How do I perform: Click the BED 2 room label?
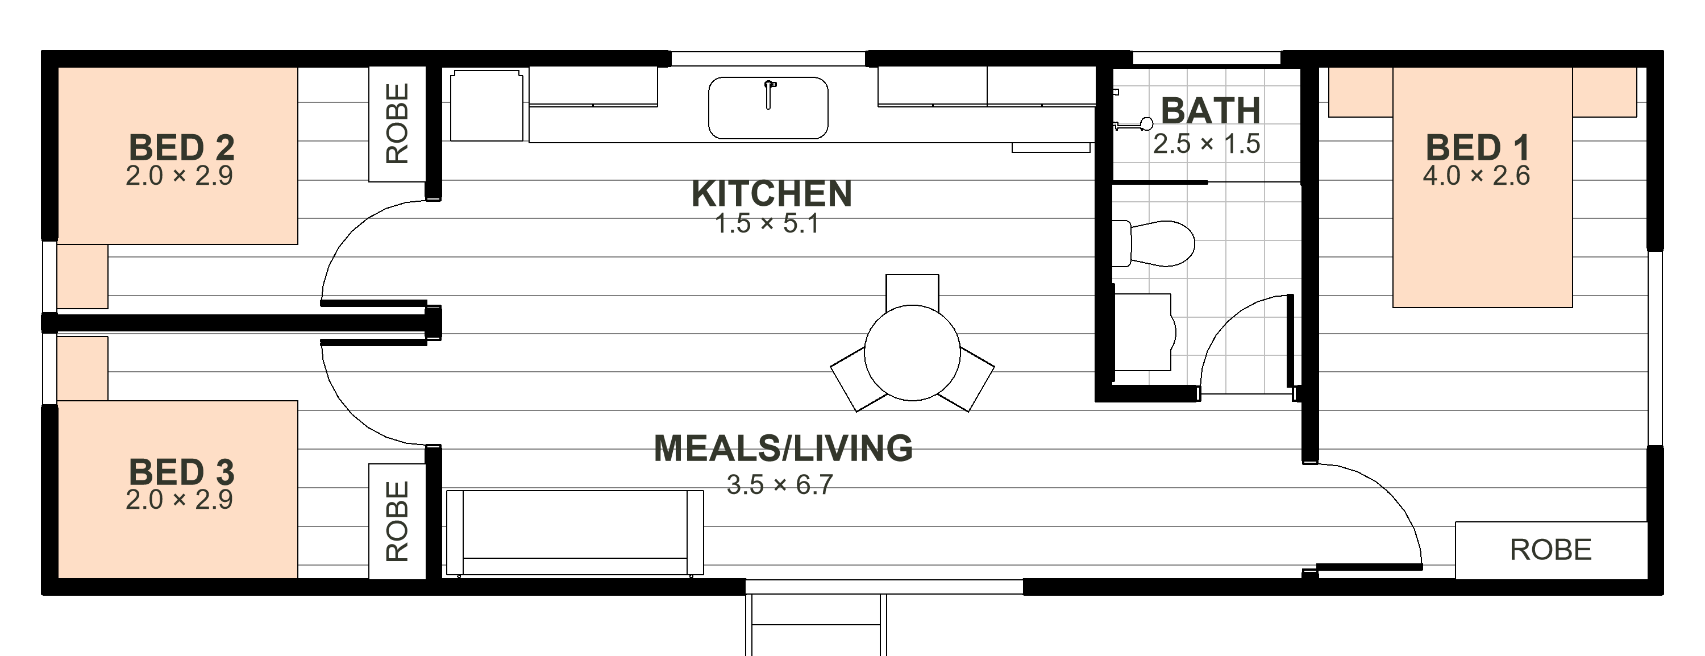pos(181,148)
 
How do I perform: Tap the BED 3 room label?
pos(181,472)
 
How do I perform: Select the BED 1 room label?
pos(1477,148)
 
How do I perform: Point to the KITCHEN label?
pos(771,193)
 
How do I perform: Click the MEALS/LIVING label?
pos(783,448)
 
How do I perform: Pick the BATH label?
pos(1211,110)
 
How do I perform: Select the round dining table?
pos(912,353)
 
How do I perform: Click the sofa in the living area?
pos(575,533)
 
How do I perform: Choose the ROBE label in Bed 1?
pos(1551,550)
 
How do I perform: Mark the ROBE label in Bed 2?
pos(397,123)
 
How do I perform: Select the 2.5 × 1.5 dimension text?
pos(1207,144)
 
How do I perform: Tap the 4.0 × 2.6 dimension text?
pos(1477,176)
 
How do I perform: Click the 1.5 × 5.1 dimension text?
pos(767,224)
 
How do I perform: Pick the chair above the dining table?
pos(912,291)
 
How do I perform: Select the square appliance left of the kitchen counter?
pos(486,106)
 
